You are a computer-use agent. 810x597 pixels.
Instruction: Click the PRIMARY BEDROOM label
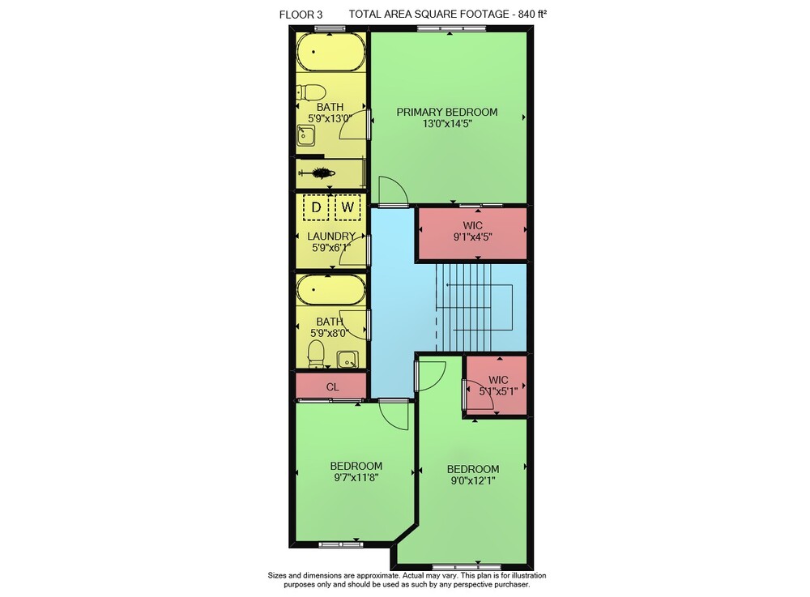[447, 112]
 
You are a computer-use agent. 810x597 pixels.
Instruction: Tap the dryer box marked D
[316, 207]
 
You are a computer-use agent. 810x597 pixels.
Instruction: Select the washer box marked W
[347, 207]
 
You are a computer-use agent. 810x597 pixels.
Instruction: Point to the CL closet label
[332, 387]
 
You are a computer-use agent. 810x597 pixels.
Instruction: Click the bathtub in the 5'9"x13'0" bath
[330, 52]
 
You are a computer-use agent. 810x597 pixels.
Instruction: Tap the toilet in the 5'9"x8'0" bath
[316, 353]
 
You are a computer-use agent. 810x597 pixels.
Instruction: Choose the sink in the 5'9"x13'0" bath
[306, 136]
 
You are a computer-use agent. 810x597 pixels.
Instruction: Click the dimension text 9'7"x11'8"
[356, 478]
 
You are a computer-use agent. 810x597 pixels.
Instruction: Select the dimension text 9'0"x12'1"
[473, 481]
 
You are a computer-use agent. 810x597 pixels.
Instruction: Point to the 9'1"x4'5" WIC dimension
[473, 237]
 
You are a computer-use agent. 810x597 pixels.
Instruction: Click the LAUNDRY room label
[331, 236]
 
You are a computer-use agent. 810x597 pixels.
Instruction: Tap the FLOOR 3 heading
[301, 15]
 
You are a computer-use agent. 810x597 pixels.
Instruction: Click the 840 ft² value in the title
[533, 15]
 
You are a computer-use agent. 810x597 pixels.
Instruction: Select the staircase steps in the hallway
[463, 308]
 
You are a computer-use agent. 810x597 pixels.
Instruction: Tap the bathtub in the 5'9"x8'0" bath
[330, 290]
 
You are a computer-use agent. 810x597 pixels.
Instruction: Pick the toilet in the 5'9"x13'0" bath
[311, 93]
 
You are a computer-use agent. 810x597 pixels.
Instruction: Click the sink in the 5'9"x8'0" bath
[347, 360]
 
